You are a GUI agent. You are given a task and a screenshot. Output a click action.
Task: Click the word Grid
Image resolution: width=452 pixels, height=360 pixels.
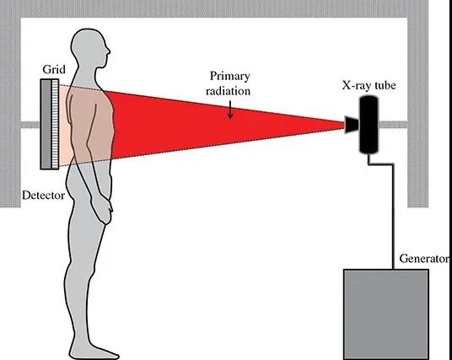pyautogui.click(x=54, y=69)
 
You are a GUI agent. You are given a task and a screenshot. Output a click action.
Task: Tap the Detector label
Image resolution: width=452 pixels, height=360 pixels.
pyautogui.click(x=44, y=196)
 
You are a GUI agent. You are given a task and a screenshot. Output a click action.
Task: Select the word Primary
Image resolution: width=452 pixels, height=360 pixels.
pyautogui.click(x=229, y=77)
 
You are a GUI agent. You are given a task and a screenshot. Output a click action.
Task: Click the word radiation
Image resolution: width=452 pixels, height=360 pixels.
pyautogui.click(x=228, y=91)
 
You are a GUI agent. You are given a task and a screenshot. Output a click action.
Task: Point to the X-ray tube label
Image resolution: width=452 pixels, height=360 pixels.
pyautogui.click(x=369, y=85)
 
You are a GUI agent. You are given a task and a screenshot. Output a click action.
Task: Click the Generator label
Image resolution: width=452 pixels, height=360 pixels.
pyautogui.click(x=424, y=259)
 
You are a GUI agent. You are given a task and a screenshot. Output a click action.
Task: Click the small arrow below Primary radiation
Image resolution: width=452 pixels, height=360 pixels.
pyautogui.click(x=229, y=110)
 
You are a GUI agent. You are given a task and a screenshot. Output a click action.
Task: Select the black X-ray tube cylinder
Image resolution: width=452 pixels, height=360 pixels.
pyautogui.click(x=369, y=125)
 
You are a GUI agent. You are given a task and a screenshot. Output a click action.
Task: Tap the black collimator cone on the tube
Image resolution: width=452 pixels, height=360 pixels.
pyautogui.click(x=352, y=125)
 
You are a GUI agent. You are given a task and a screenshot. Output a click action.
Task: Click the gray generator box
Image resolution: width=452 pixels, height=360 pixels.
pyautogui.click(x=386, y=314)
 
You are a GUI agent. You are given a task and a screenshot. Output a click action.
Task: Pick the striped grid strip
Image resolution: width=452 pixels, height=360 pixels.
pyautogui.click(x=55, y=124)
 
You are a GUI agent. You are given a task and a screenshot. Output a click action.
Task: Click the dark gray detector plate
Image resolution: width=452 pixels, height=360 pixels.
pyautogui.click(x=46, y=124)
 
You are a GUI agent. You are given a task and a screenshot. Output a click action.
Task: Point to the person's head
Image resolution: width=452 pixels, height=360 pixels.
pyautogui.click(x=89, y=48)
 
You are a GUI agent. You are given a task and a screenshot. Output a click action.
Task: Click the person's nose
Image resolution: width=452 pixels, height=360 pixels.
pyautogui.click(x=108, y=51)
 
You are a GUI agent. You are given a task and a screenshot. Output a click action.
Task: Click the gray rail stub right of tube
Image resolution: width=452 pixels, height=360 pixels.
pyautogui.click(x=392, y=125)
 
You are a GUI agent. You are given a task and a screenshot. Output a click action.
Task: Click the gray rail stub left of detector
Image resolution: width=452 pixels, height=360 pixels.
pyautogui.click(x=30, y=125)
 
